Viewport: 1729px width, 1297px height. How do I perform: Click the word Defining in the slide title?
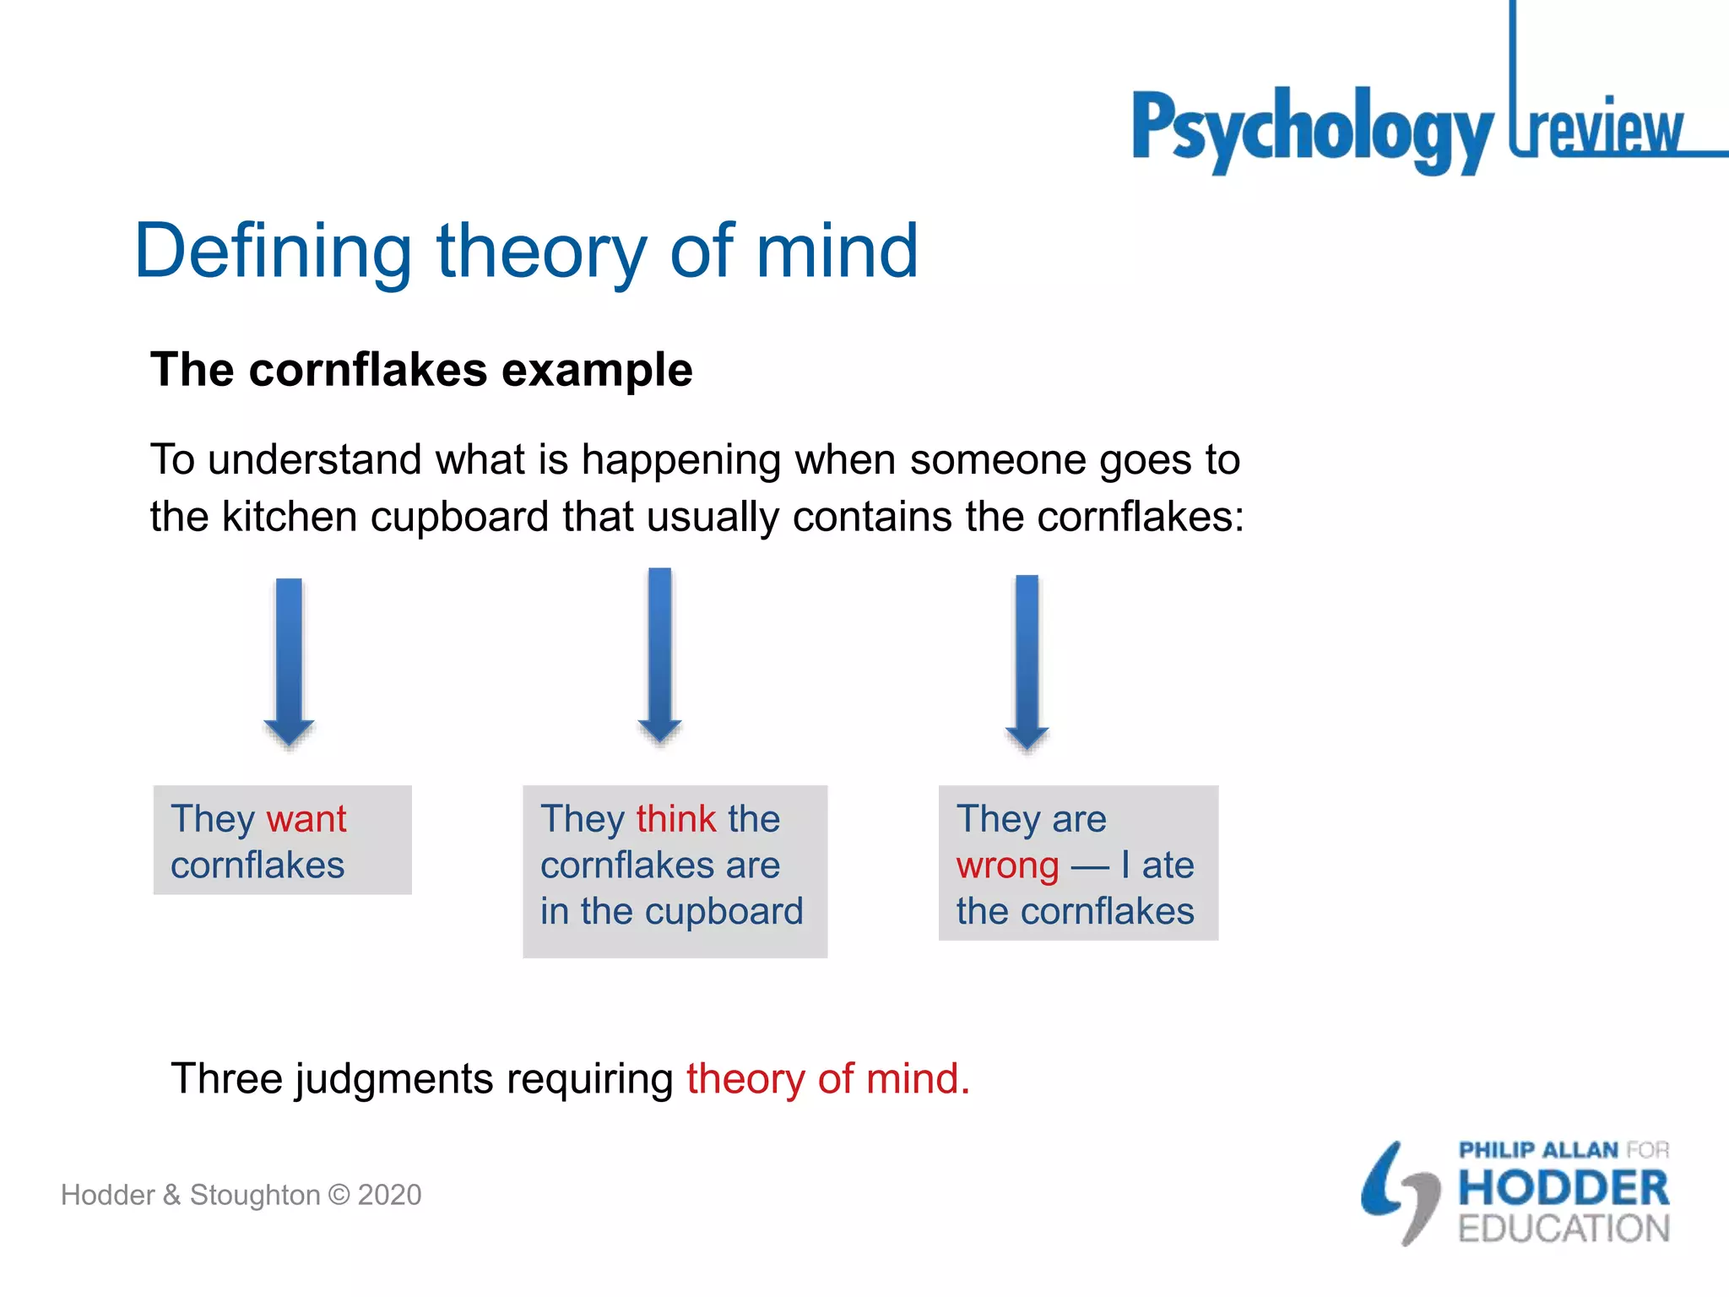273,251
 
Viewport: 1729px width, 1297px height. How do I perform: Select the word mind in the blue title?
836,251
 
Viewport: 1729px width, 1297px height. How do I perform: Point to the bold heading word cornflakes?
367,370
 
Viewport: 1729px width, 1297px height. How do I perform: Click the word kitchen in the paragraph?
289,517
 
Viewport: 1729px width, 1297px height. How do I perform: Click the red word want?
306,819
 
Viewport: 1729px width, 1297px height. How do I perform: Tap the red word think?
676,819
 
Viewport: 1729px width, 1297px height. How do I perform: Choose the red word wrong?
1007,866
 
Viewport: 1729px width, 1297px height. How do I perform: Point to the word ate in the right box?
1168,866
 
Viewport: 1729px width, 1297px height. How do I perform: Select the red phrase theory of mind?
827,1079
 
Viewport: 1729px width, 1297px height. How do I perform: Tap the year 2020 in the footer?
389,1195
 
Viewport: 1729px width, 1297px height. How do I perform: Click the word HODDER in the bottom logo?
1564,1188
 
